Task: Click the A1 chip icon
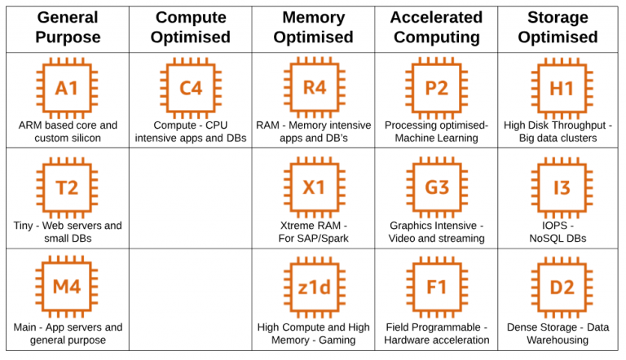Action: [x=68, y=88]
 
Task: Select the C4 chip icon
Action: [x=191, y=88]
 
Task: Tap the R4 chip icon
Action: [x=314, y=88]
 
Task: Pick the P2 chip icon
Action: [x=437, y=88]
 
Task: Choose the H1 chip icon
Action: [x=562, y=88]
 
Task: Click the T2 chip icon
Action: [x=68, y=187]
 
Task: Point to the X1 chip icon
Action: [x=314, y=187]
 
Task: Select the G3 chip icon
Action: [x=437, y=187]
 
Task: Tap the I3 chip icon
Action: [x=562, y=187]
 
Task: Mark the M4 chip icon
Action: [x=68, y=287]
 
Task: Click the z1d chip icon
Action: [x=314, y=287]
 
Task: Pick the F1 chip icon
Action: [x=437, y=287]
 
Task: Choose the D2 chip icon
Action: [x=562, y=287]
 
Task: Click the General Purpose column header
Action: [x=68, y=27]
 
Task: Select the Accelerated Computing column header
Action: [x=436, y=27]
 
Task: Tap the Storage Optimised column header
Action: [x=558, y=27]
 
